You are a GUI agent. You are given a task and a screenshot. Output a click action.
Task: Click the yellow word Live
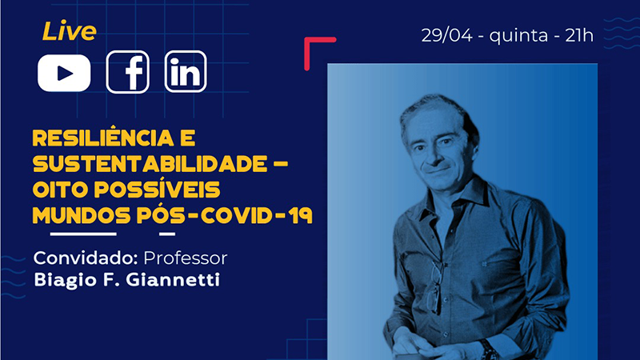tap(70, 31)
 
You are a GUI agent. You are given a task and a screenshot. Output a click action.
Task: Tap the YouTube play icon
tap(64, 73)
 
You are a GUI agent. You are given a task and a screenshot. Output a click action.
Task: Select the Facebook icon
tap(128, 72)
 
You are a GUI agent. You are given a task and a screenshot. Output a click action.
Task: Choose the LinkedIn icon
tap(186, 72)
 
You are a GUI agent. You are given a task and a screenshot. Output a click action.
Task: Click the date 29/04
tap(447, 35)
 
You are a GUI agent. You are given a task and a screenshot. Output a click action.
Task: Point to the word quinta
tap(518, 36)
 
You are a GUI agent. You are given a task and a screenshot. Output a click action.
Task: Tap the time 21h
tap(579, 35)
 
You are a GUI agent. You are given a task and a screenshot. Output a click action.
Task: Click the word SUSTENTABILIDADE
tap(150, 164)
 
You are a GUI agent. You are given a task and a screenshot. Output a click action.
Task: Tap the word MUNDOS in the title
tap(82, 215)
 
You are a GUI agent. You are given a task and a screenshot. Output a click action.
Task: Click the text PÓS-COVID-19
tap(225, 214)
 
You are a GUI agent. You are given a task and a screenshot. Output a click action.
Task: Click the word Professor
tap(186, 258)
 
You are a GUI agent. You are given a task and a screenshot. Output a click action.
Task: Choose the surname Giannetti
tap(173, 279)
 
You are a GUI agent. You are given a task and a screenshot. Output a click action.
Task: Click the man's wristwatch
tap(488, 350)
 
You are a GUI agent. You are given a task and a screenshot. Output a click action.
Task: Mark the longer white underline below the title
tap(83, 234)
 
